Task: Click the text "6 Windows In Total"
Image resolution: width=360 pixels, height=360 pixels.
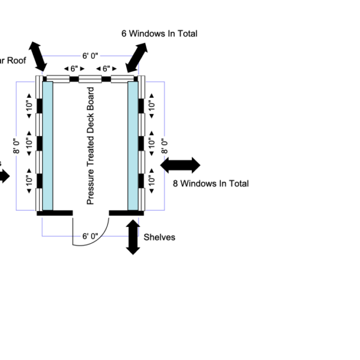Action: pyautogui.click(x=159, y=34)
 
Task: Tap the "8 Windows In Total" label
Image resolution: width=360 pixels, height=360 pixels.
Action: pyautogui.click(x=211, y=184)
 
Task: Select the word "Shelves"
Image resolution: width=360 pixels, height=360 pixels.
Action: pyautogui.click(x=160, y=237)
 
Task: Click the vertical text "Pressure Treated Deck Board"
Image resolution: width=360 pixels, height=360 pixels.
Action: pyautogui.click(x=91, y=146)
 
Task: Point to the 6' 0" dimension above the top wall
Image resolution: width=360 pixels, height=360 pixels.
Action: pyautogui.click(x=90, y=56)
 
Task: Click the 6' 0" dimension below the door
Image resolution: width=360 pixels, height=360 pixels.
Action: pyautogui.click(x=90, y=236)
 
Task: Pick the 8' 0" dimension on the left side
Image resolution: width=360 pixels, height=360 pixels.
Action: pyautogui.click(x=18, y=146)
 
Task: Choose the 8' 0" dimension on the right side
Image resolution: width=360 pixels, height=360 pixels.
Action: pyautogui.click(x=163, y=146)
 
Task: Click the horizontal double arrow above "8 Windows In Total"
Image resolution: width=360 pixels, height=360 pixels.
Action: pyautogui.click(x=181, y=165)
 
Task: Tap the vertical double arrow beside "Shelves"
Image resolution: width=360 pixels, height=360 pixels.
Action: pyautogui.click(x=133, y=238)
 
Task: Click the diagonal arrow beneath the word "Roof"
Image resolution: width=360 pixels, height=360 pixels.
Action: pyautogui.click(x=38, y=57)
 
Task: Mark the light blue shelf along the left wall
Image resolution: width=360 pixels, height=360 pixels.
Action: pyautogui.click(x=47, y=146)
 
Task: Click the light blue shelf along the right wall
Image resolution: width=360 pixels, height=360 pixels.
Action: pyautogui.click(x=133, y=146)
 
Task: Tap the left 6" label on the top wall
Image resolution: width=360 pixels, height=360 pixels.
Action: pyautogui.click(x=74, y=69)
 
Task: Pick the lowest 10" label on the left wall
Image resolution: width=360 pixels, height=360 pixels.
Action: pyautogui.click(x=29, y=180)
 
